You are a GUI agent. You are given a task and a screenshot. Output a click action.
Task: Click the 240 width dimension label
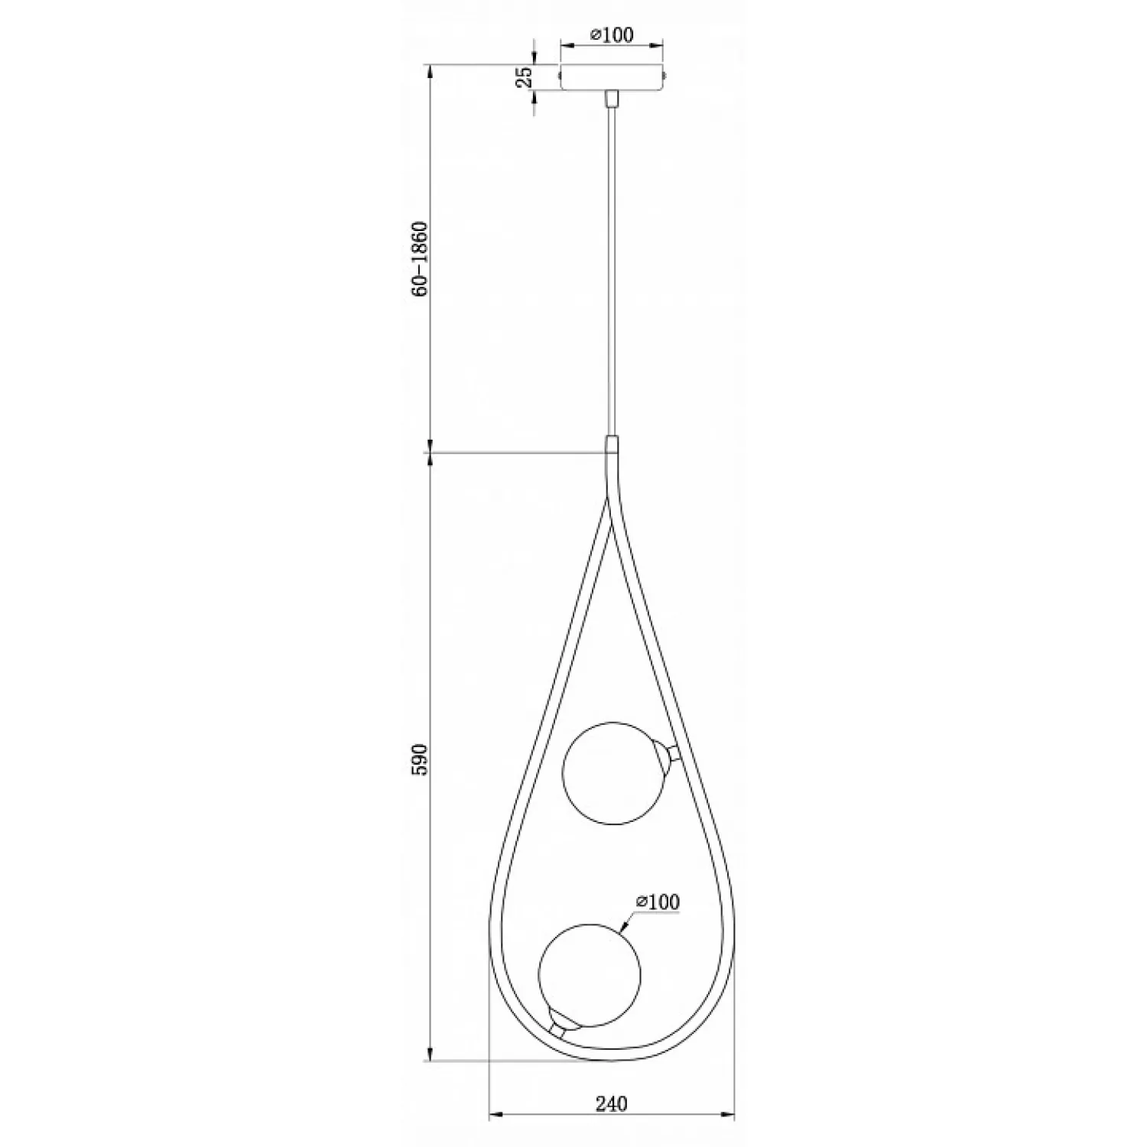click(611, 1103)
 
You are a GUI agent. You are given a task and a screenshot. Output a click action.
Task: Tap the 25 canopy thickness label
click(525, 78)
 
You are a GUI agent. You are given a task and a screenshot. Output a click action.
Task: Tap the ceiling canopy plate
click(612, 78)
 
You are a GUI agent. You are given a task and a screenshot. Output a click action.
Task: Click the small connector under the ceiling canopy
click(612, 99)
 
